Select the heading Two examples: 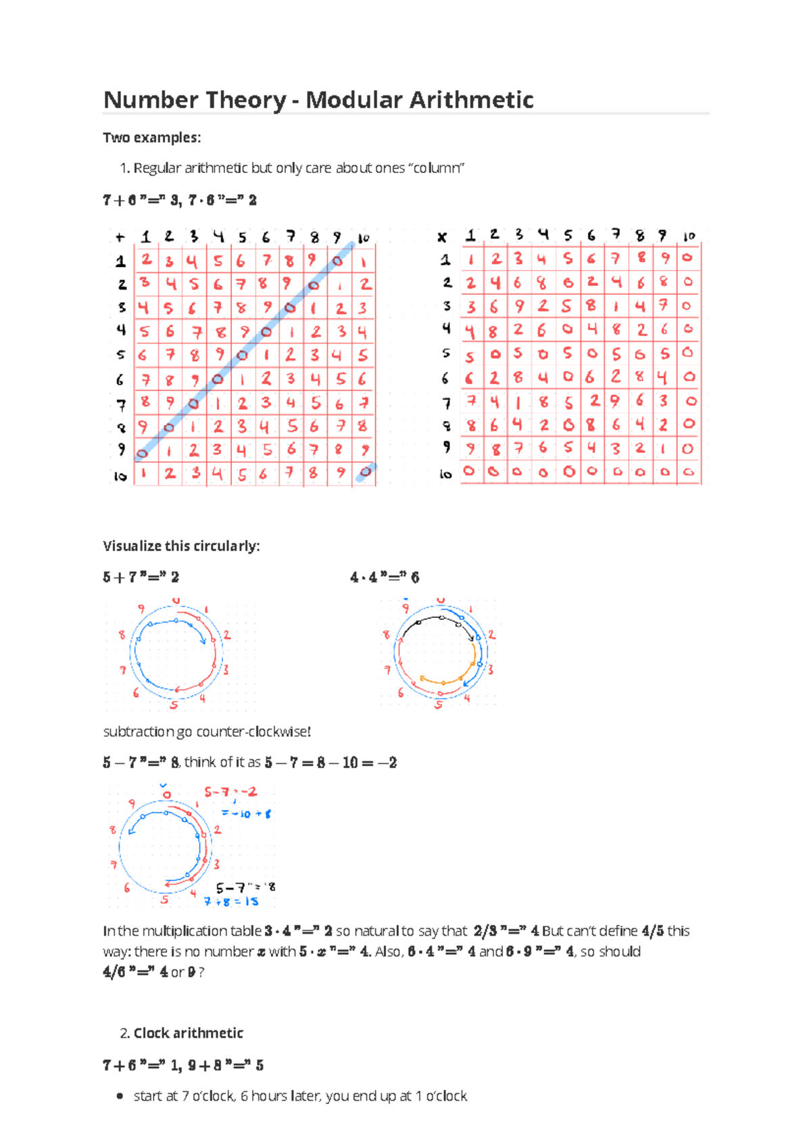[x=151, y=138]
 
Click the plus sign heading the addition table [x=120, y=237]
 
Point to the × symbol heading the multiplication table [x=442, y=237]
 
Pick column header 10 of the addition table [x=364, y=238]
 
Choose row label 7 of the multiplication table [x=446, y=403]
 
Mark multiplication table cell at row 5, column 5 [x=568, y=352]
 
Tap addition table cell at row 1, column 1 [x=146, y=260]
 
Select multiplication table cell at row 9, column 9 [x=664, y=448]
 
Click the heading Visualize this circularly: [x=181, y=546]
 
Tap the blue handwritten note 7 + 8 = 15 [x=231, y=901]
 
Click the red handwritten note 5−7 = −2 [x=230, y=792]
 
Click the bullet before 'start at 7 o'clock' [x=120, y=1096]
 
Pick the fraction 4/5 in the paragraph [x=652, y=931]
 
